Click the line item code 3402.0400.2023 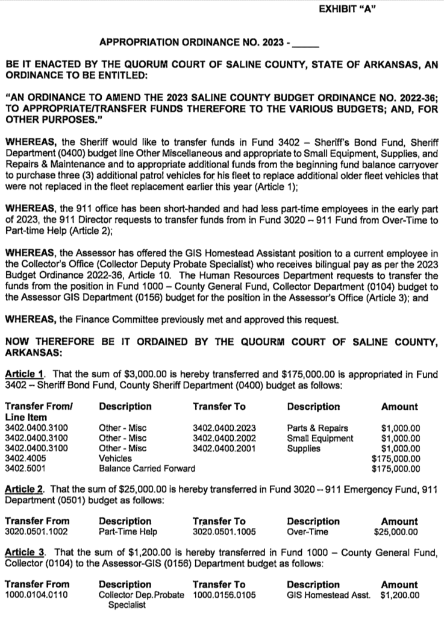[224, 428]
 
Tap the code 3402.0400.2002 [224, 438]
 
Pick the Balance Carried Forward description [147, 468]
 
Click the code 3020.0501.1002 [36, 531]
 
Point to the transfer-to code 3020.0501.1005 [224, 531]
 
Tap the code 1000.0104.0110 [36, 595]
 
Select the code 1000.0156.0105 [224, 595]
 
